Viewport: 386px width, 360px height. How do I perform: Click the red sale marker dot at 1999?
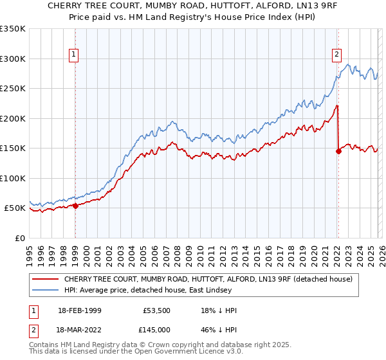[x=75, y=206]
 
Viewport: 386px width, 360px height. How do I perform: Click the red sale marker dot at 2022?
[x=338, y=151]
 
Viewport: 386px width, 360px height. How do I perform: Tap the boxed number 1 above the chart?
[x=75, y=55]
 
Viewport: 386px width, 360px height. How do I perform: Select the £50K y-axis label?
[x=15, y=208]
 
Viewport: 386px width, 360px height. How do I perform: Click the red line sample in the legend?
[x=46, y=280]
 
